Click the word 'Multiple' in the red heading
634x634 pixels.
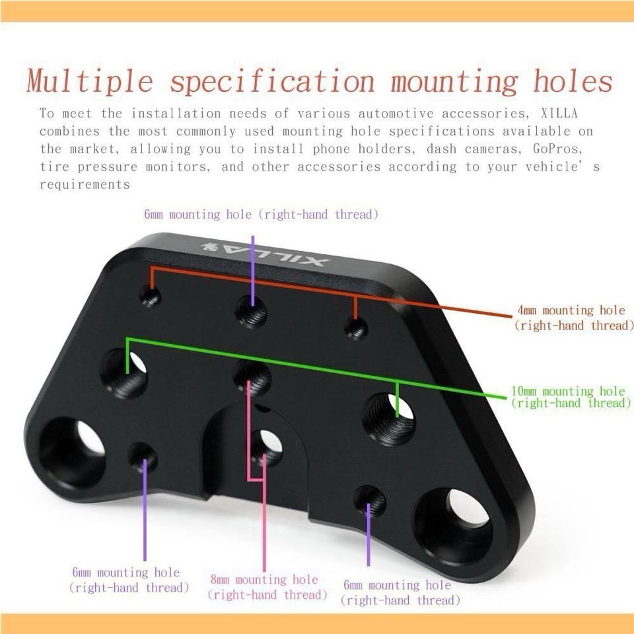[x=89, y=81]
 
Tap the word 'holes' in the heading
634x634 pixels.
[x=573, y=81]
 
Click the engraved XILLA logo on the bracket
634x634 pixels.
[x=264, y=254]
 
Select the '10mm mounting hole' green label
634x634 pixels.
[x=568, y=397]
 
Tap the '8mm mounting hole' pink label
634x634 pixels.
[x=267, y=587]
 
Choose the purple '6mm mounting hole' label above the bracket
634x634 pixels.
[x=261, y=215]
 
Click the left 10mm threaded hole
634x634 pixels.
[x=124, y=374]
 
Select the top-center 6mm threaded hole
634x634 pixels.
[x=252, y=311]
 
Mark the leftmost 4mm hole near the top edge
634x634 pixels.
[x=151, y=298]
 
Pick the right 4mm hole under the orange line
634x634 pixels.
[x=357, y=328]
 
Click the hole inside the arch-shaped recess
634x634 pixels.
[x=267, y=446]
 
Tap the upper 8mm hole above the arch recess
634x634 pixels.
[x=252, y=377]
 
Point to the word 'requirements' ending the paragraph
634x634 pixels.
[x=85, y=185]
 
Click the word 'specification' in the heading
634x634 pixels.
[x=271, y=81]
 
